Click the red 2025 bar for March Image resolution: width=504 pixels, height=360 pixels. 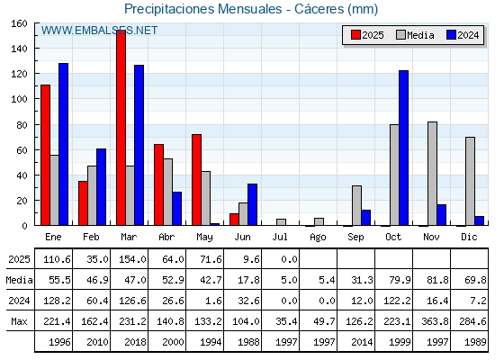(121, 128)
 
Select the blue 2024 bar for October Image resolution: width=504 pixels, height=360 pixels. (404, 148)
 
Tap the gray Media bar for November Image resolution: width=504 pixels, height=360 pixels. (432, 174)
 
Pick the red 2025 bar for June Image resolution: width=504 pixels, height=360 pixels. (234, 220)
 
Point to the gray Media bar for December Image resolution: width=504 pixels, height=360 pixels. (470, 181)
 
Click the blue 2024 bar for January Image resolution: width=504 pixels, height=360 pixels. (63, 144)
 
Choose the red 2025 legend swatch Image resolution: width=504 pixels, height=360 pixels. (355, 35)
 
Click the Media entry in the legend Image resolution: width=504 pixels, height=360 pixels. (415, 35)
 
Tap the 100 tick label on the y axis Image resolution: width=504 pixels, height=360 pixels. (19, 99)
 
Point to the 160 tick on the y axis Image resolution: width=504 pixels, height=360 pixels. (19, 23)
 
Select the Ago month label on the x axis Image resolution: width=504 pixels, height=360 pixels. (318, 238)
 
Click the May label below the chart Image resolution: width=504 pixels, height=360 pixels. (204, 238)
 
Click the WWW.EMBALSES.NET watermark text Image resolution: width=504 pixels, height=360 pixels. (99, 31)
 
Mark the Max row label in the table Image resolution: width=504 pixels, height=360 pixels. (19, 321)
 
